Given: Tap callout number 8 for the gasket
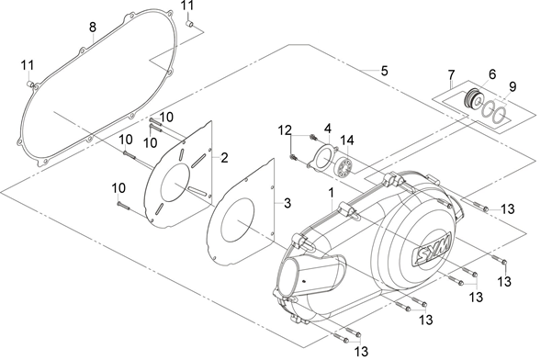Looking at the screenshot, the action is tap(93, 28).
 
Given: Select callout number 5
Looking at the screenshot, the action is tap(385, 71).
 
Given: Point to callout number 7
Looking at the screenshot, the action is tap(452, 74).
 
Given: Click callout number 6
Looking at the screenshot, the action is tap(492, 74).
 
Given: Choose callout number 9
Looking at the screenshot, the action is tap(513, 86).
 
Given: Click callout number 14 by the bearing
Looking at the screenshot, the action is tap(347, 141).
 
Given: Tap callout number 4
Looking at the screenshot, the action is tap(328, 128).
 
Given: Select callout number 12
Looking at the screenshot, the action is tap(285, 130).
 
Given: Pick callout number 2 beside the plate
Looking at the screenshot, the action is tap(224, 158).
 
